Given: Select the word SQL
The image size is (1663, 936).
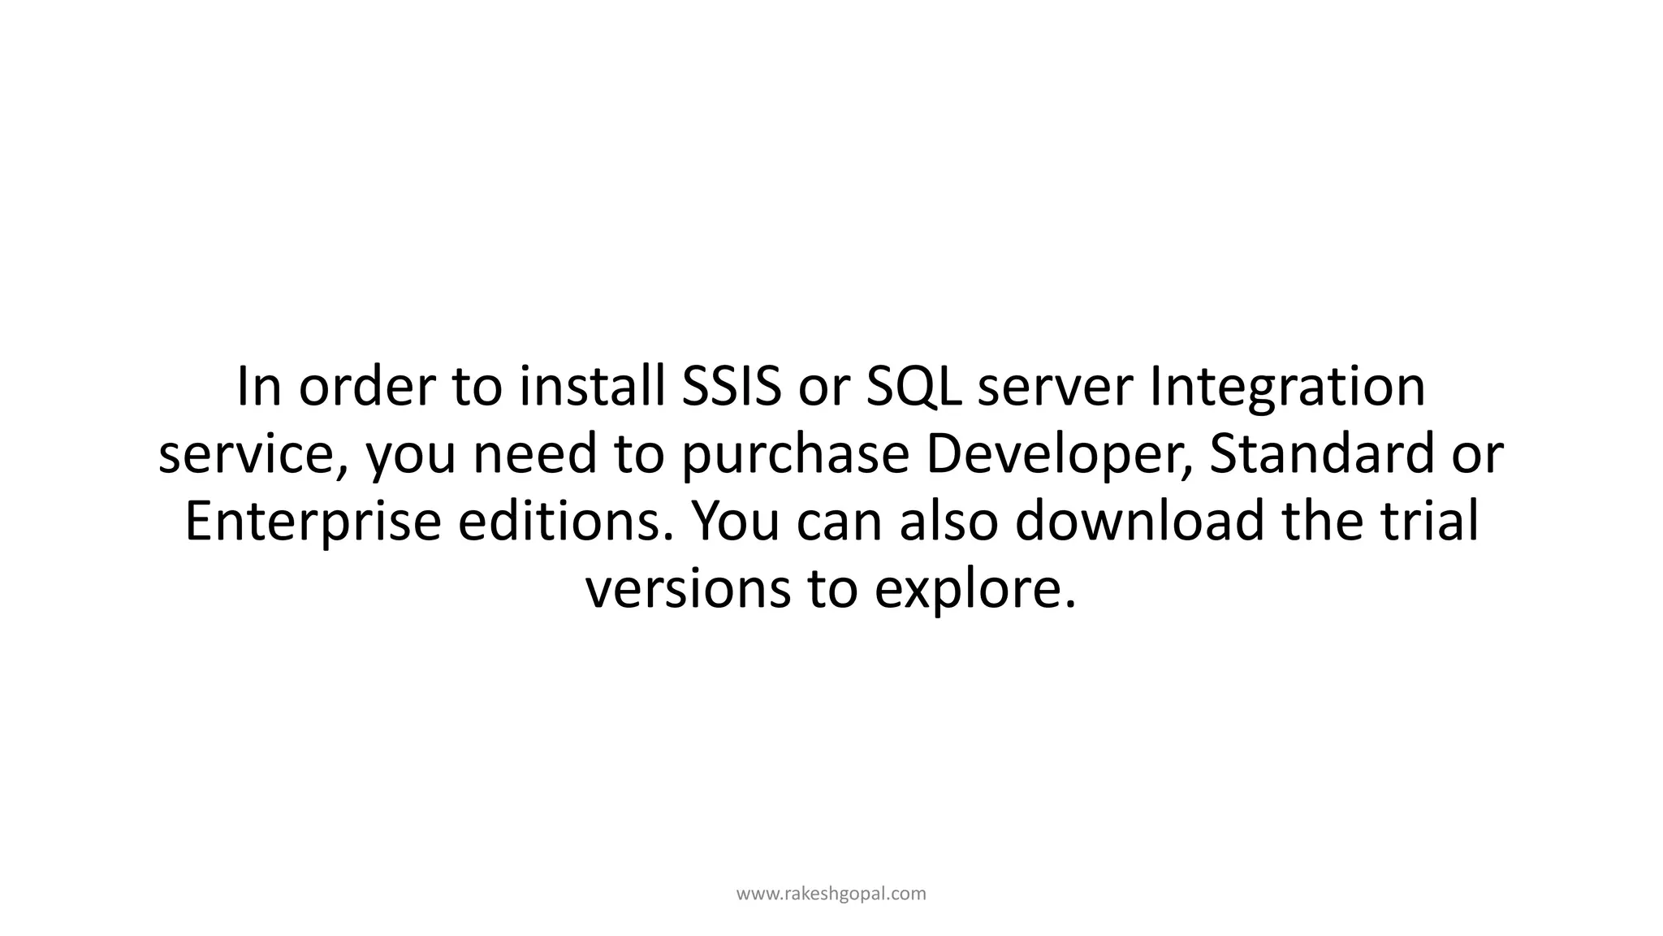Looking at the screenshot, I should (x=914, y=388).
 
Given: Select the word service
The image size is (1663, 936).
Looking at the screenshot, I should (x=253, y=455).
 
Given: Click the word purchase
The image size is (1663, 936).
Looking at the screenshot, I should (x=795, y=455).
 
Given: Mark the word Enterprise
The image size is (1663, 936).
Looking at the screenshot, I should (x=313, y=522).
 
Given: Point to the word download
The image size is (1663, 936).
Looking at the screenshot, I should (x=1141, y=522).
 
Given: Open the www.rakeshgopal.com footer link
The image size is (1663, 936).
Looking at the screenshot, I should (x=831, y=894).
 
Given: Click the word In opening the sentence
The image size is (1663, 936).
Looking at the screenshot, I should (x=259, y=388).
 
